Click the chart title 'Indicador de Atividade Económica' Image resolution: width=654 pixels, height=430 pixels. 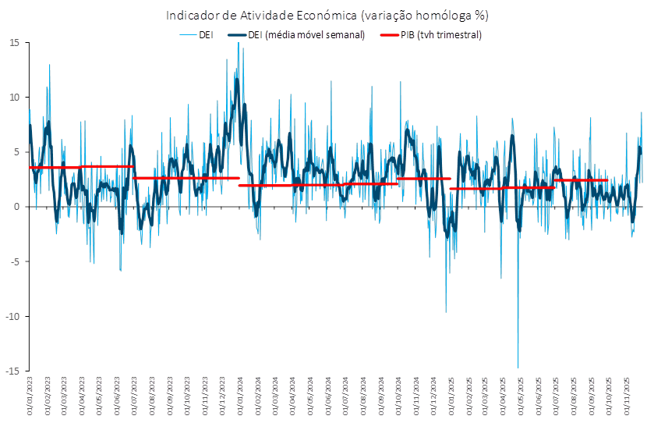(327, 16)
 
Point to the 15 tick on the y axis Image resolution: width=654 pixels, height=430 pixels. (14, 42)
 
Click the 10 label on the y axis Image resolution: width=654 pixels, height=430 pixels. (14, 97)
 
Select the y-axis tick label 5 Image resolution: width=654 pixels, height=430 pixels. (16, 151)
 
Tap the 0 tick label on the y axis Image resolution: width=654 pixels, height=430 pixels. (16, 206)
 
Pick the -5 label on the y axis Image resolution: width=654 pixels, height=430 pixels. (14, 261)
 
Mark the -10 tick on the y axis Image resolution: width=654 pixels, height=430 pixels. (12, 315)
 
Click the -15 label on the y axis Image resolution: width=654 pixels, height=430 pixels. (12, 370)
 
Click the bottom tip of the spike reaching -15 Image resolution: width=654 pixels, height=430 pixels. (518, 368)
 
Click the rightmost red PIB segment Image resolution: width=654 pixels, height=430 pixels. (582, 181)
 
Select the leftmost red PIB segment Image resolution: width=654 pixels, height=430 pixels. (55, 168)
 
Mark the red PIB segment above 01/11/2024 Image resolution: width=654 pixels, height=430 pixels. (424, 179)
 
